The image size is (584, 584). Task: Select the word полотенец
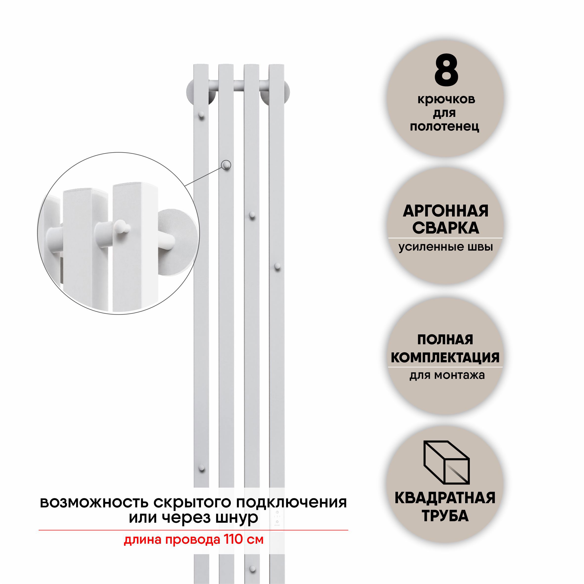pyautogui.click(x=444, y=127)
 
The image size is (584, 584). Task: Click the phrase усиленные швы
pyautogui.click(x=446, y=247)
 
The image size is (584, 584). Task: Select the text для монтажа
pyautogui.click(x=447, y=375)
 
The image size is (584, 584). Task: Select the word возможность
pyautogui.click(x=95, y=502)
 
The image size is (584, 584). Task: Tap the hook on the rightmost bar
pyautogui.click(x=277, y=266)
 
